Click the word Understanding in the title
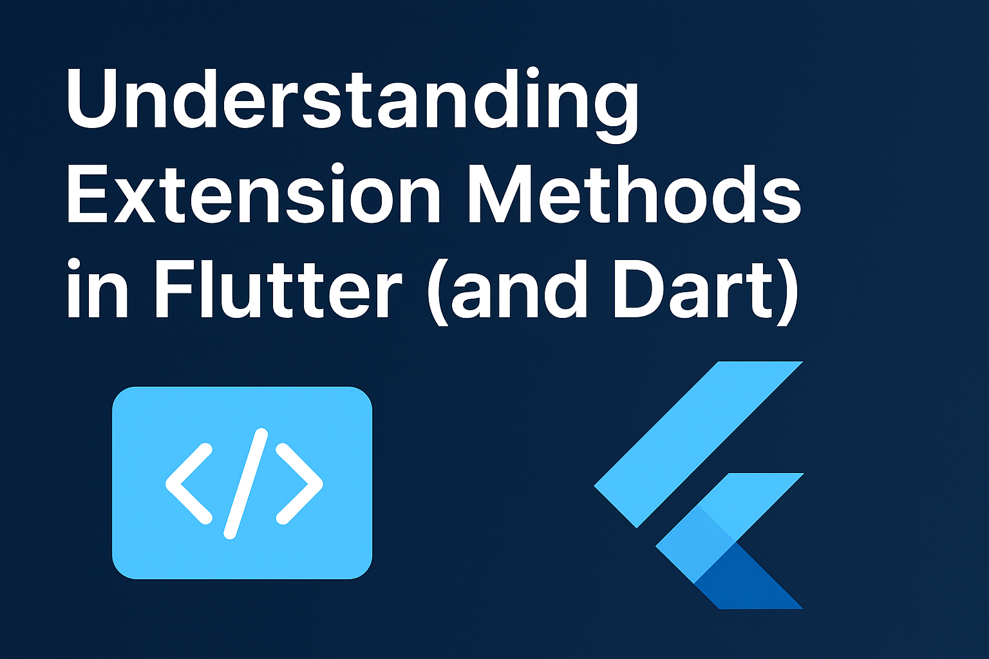[x=352, y=105]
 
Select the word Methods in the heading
[x=634, y=193]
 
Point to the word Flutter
[x=278, y=289]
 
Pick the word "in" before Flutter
[x=97, y=289]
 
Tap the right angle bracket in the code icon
[x=300, y=484]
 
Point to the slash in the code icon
[x=246, y=483]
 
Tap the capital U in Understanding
[x=93, y=98]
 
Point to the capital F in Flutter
[x=175, y=289]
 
